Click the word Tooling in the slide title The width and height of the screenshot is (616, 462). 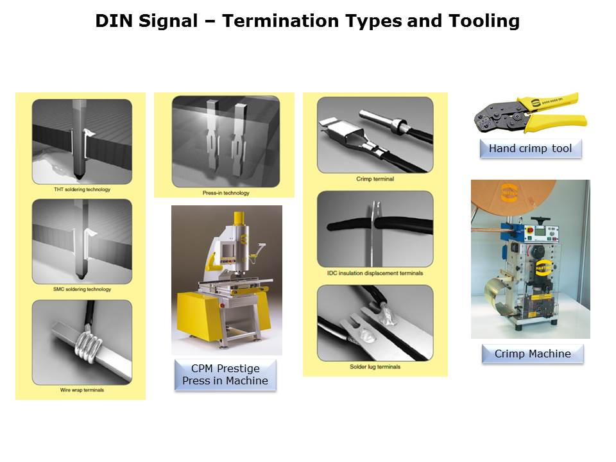(484, 21)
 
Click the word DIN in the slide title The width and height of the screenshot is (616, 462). (114, 21)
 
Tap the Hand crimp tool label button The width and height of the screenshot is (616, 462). (531, 148)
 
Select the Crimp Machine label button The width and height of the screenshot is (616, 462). (533, 354)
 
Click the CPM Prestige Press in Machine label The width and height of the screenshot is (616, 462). (225, 374)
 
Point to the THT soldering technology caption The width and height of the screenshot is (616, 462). (82, 189)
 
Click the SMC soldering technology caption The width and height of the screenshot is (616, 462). (82, 289)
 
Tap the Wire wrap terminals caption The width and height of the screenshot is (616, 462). (82, 390)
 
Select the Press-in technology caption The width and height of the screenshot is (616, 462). (226, 193)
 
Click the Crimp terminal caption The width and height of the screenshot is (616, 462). (375, 179)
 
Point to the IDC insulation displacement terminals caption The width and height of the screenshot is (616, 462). (375, 273)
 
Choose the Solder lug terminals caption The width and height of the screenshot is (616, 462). (375, 366)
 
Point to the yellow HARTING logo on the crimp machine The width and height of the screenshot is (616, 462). (543, 268)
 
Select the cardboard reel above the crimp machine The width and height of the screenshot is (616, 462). (513, 200)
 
